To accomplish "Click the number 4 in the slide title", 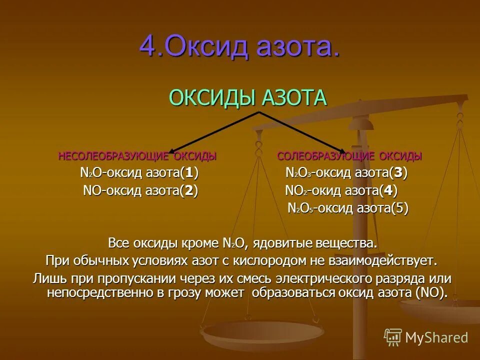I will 148,46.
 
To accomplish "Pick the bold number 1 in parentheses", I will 188,173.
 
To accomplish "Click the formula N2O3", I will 298,173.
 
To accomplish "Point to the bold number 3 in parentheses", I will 397,173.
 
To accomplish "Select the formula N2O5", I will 301,208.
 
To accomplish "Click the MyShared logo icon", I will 393,337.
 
